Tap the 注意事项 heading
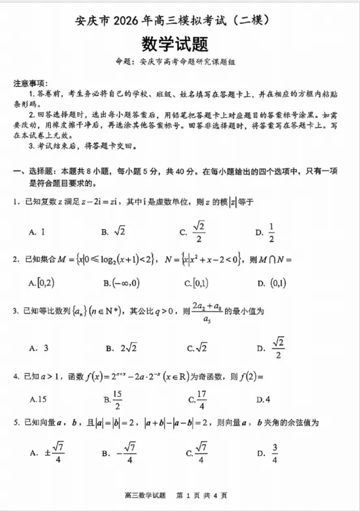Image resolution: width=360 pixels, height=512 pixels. coord(29,83)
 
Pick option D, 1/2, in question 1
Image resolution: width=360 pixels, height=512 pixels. coord(264,231)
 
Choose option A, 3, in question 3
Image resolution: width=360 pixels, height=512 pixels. coord(39,348)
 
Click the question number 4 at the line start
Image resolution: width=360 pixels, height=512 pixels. coord(16,376)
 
